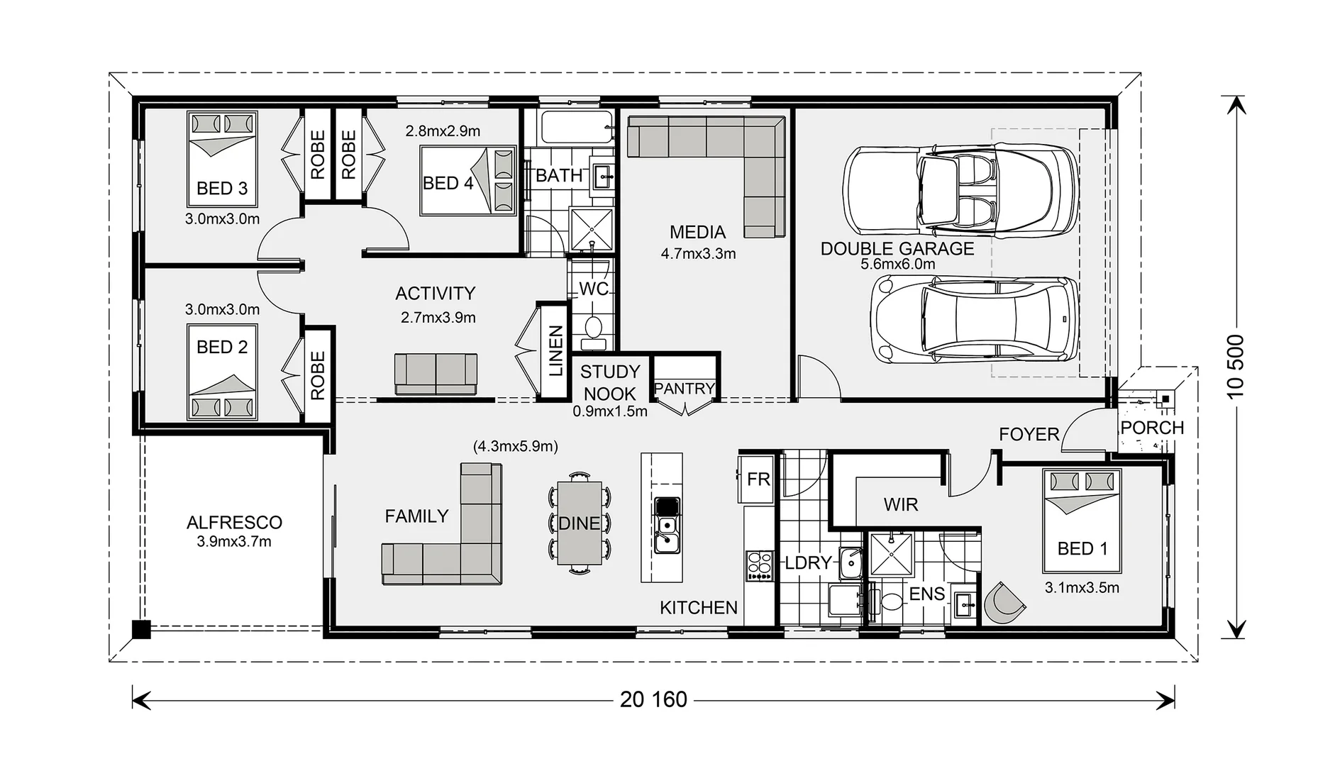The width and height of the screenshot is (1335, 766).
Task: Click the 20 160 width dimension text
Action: (x=653, y=700)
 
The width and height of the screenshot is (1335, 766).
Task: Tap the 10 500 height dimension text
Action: (x=1236, y=366)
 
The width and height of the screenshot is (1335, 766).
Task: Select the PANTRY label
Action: (x=684, y=389)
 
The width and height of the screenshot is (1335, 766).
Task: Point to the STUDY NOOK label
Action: (x=609, y=382)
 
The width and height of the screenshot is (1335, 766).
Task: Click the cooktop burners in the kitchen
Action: (x=759, y=566)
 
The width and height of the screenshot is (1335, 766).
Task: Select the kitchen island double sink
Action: (x=666, y=534)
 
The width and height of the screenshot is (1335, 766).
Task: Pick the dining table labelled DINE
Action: (x=580, y=523)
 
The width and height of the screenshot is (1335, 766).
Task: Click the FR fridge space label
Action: (x=758, y=479)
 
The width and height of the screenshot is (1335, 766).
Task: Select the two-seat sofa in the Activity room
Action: (x=436, y=373)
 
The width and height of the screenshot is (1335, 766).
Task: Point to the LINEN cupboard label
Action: (x=555, y=350)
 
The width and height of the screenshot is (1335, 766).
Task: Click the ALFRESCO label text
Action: (x=234, y=523)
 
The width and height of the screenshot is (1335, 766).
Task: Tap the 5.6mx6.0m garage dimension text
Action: (x=897, y=265)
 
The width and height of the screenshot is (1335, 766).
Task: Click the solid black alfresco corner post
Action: (x=142, y=629)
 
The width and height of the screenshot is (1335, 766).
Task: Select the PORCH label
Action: (x=1152, y=428)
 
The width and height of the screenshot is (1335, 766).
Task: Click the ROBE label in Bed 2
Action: (x=318, y=375)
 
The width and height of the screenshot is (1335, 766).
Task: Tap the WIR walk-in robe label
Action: (x=901, y=505)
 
